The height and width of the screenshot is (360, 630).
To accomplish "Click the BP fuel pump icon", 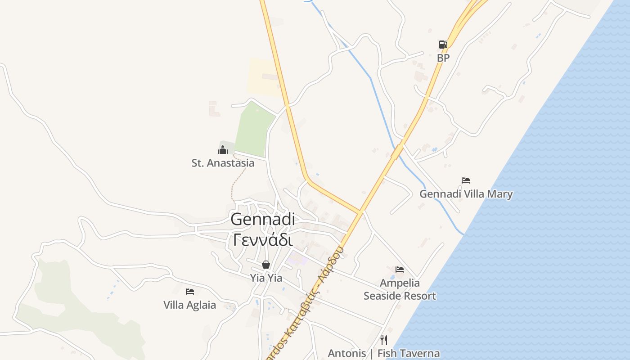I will pos(443,45).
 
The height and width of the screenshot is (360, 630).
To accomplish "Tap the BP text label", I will pos(443,58).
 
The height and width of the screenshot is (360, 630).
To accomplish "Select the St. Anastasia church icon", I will pos(223,150).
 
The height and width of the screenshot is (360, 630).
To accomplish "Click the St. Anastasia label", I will pos(223,163).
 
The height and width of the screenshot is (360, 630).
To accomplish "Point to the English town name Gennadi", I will pos(263,220).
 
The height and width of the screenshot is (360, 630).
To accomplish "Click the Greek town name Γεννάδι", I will pos(263,240).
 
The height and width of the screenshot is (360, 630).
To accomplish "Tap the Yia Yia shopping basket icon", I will pos(266,265).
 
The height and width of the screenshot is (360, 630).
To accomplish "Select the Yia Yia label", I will pos(266,278).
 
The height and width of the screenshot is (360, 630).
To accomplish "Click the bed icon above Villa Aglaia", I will pos(190,292).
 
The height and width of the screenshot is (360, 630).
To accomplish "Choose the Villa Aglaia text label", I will pos(189,305).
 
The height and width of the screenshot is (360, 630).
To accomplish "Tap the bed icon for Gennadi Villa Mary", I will pos(466,180).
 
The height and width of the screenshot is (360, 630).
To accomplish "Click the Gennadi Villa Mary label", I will pos(466,194).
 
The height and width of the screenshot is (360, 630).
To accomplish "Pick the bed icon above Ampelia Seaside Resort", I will pos(400,270).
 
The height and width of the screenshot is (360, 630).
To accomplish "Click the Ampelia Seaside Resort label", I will pos(400,289).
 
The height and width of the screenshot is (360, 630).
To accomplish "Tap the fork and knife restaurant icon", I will pos(384,340).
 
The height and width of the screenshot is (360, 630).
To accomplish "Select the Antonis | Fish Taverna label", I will pos(384,353).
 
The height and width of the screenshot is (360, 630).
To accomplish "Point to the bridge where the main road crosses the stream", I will pos(397,152).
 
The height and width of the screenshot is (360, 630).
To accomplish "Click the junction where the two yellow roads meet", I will pos(360,211).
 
